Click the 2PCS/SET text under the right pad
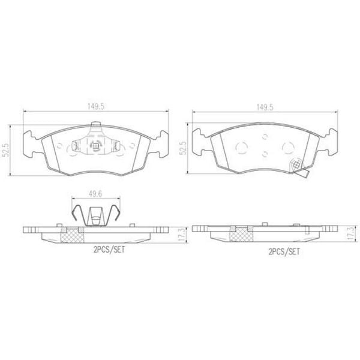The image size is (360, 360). (284, 252)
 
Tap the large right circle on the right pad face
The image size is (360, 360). (286, 146)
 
